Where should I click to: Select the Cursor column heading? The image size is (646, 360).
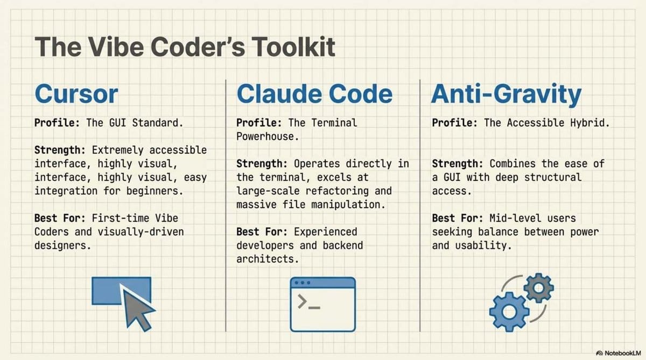(x=76, y=94)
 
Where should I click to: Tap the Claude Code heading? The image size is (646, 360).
(x=314, y=94)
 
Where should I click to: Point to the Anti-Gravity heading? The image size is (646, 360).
(x=506, y=94)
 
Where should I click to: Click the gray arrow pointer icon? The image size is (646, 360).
(x=138, y=308)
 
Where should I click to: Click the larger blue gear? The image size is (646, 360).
(x=509, y=311)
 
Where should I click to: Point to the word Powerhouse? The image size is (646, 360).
(x=266, y=136)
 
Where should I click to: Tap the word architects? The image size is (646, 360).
(x=267, y=259)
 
